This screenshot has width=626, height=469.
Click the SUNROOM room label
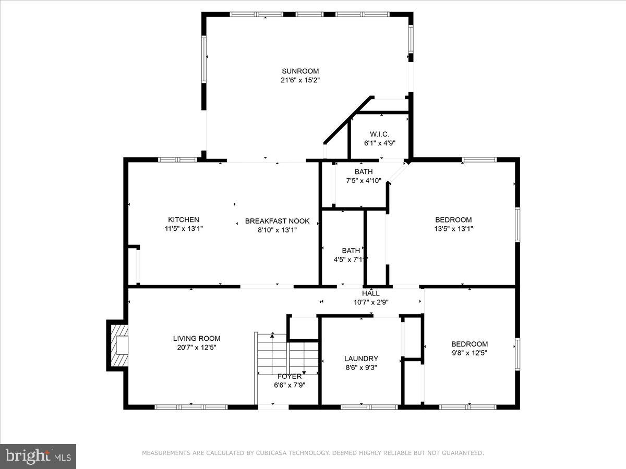point(300,71)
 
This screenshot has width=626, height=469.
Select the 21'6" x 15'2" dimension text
point(300,80)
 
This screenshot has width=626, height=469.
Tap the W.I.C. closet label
point(380,134)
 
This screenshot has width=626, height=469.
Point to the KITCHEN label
point(183,220)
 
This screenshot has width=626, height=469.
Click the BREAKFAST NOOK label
point(277,221)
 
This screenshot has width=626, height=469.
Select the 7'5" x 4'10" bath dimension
point(364,181)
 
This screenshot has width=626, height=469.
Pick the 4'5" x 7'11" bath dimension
point(351,259)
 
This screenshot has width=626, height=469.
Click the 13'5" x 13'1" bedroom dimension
point(453,228)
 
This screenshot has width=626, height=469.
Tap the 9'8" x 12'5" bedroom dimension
point(469,352)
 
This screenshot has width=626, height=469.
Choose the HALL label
point(371,293)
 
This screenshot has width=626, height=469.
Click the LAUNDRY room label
point(361,359)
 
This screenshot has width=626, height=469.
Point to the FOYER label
point(289,376)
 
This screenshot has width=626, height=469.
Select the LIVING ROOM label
point(197,338)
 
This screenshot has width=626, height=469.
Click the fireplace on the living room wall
point(118,345)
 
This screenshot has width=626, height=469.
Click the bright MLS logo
point(38,456)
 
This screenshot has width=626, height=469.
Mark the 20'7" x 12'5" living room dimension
point(197,347)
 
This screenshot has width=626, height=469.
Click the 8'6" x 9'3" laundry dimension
point(361,367)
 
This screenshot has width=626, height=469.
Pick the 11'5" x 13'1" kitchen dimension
point(183,228)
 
